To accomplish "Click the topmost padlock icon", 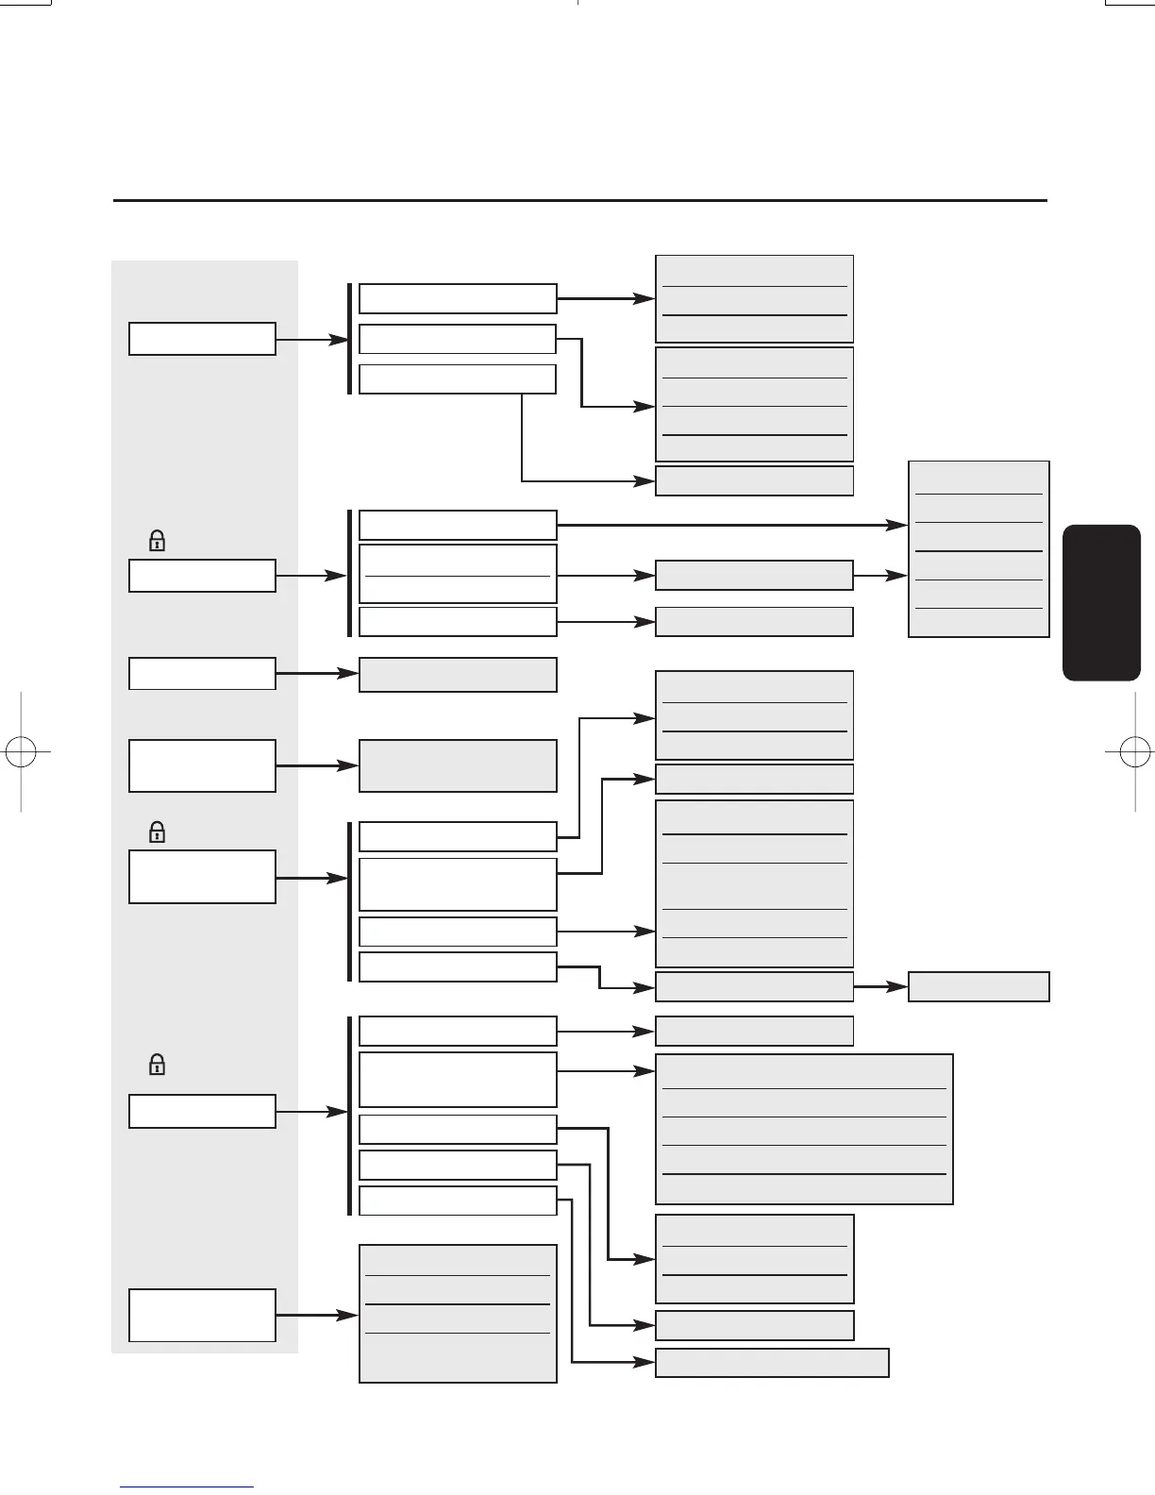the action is tap(158, 541).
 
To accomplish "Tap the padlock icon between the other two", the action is tap(158, 832).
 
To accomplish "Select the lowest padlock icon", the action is tap(158, 1065).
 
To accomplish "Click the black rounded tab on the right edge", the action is tap(1101, 603).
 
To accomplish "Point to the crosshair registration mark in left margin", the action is tap(21, 752).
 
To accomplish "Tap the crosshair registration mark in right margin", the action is tap(1133, 752).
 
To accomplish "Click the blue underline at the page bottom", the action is tap(187, 1487).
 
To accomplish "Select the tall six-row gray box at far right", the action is tap(979, 549).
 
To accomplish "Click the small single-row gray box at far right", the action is tap(979, 986).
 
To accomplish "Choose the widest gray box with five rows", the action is tap(804, 1129).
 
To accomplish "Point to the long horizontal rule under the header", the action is tap(579, 200).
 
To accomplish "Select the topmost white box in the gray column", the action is tap(202, 339).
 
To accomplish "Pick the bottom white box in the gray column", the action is tap(202, 1315).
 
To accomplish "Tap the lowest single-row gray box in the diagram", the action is tap(772, 1363).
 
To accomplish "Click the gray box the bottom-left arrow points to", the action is tap(458, 1314).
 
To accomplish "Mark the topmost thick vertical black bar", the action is tap(350, 339).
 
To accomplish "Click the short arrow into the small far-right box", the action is tap(880, 986).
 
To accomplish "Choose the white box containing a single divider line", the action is tap(458, 574).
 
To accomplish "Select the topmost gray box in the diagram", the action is tap(754, 298).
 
